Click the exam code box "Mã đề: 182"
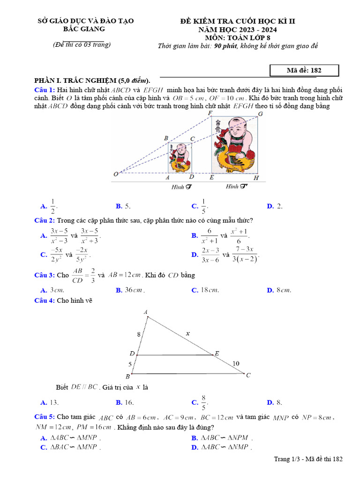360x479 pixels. coord(304,70)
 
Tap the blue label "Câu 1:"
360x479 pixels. coord(45,89)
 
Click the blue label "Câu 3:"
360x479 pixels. coord(45,275)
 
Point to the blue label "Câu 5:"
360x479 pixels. coord(45,417)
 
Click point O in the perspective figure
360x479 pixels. coord(116,174)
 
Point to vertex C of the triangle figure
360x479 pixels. coord(248,375)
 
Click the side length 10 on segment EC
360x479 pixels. coord(235,363)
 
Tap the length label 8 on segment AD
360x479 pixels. coord(138,334)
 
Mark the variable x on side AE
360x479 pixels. coord(187,334)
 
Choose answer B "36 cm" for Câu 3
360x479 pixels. coord(133,290)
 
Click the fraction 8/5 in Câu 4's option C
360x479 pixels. coord(203,402)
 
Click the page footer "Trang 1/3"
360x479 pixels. coord(287,459)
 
